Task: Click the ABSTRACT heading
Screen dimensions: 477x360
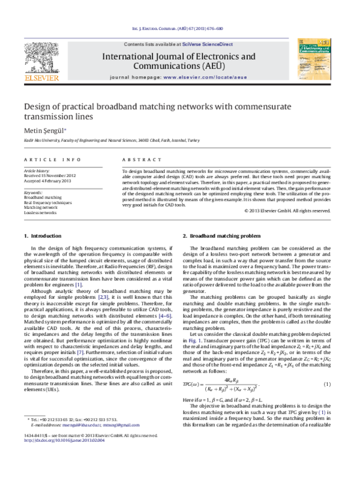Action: pyautogui.click(x=135, y=160)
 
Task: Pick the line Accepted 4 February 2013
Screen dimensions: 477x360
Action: pyautogui.click(x=48, y=181)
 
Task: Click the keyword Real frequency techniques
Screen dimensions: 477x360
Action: pyautogui.click(x=48, y=202)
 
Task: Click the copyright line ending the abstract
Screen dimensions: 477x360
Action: pyautogui.click(x=287, y=211)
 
